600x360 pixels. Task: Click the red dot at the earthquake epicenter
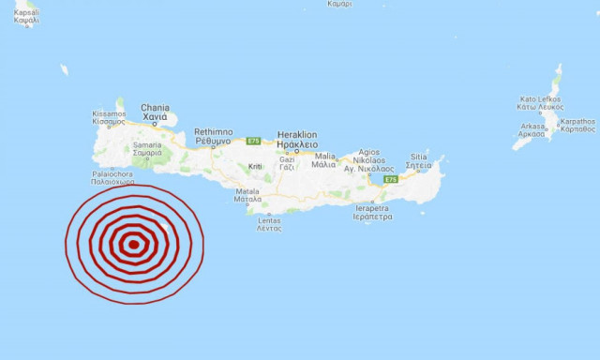click(134, 245)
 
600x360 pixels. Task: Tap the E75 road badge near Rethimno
click(252, 142)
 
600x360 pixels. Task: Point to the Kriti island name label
click(255, 167)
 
